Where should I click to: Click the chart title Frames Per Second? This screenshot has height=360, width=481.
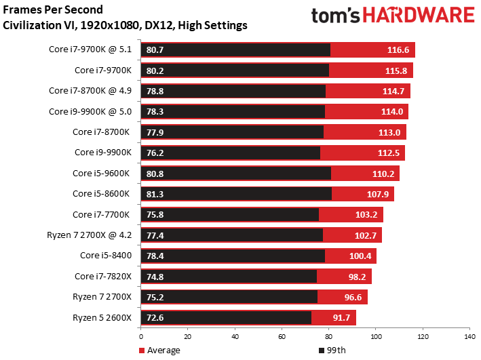click(x=54, y=10)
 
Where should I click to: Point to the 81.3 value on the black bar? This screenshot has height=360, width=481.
click(x=155, y=195)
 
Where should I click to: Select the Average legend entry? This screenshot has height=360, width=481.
click(x=160, y=350)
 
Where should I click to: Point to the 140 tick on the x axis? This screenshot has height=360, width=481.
click(x=468, y=336)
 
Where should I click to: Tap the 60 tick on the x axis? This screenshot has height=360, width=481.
click(x=282, y=336)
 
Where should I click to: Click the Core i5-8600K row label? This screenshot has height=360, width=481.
click(x=101, y=194)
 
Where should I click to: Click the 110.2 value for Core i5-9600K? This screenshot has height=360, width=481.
click(x=383, y=174)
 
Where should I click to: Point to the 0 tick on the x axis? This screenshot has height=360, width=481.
click(x=141, y=336)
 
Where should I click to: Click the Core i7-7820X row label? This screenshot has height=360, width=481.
click(x=103, y=276)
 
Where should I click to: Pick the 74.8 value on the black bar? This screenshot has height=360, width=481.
click(x=155, y=277)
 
